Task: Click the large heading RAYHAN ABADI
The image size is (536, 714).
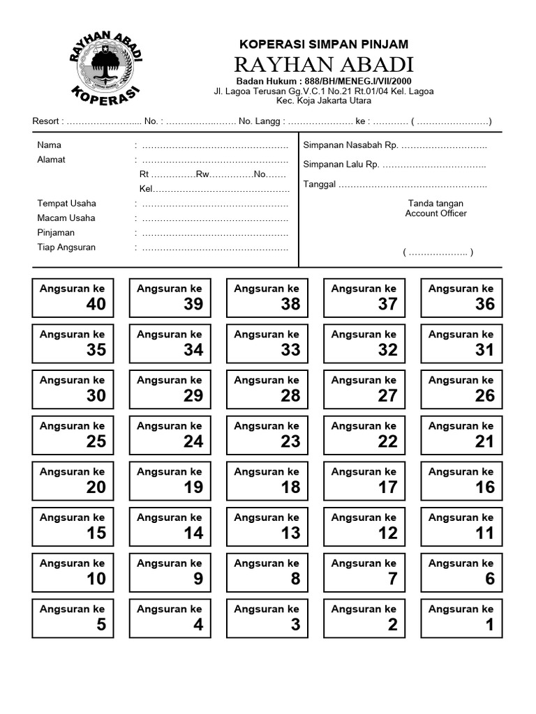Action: tap(323, 65)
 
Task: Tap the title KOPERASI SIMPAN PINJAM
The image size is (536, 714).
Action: tap(323, 44)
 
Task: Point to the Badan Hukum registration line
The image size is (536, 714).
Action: tap(323, 81)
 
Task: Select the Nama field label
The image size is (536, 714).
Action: tap(49, 145)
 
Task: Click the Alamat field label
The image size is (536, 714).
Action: tap(51, 160)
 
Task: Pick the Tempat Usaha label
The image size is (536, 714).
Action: tap(66, 204)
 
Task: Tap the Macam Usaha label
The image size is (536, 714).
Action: tap(66, 218)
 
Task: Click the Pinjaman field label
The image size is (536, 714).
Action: tap(56, 233)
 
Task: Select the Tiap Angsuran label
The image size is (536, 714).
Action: tap(66, 248)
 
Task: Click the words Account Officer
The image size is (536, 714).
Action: tap(435, 213)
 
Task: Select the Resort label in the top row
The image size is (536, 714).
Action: tap(47, 121)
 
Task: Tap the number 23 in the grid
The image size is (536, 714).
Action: tap(290, 441)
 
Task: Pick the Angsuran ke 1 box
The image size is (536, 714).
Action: tap(461, 618)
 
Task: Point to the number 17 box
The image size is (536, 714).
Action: tap(364, 481)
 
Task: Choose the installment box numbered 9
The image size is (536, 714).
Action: tap(169, 572)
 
